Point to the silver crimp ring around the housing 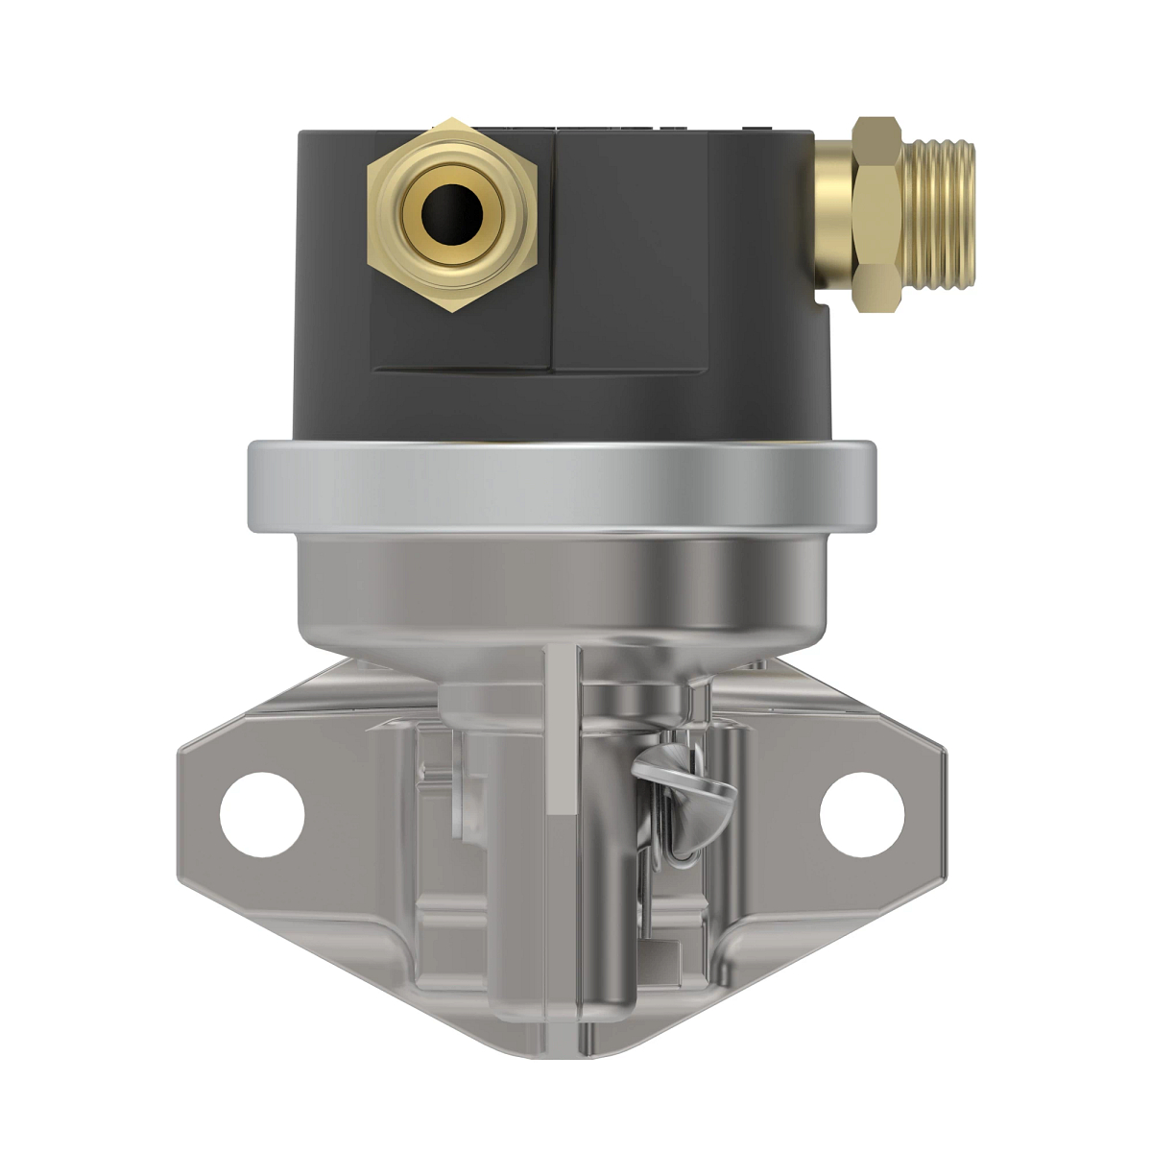562,486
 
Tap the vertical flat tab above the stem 562,730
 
